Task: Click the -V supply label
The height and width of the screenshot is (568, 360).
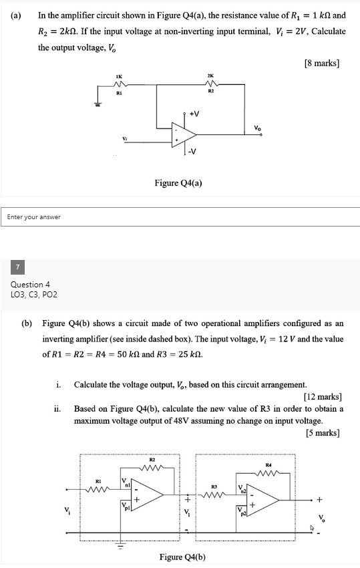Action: (192, 150)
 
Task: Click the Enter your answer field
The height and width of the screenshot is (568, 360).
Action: (180, 217)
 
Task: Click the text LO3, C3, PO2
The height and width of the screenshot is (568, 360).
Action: (33, 294)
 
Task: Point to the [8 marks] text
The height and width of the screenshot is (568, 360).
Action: (322, 63)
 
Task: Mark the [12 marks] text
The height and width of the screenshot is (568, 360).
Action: (319, 397)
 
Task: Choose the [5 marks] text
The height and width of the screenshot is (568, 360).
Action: (322, 432)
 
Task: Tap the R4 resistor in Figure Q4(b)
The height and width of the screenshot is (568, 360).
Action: (268, 473)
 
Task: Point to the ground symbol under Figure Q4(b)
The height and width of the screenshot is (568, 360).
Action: (121, 543)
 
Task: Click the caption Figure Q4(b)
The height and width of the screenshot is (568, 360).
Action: (183, 557)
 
